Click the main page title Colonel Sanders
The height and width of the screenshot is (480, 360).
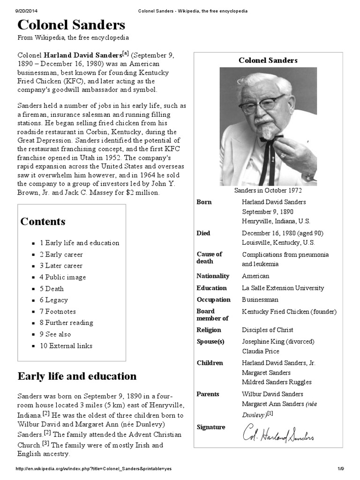[71, 25]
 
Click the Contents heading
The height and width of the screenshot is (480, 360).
[43, 222]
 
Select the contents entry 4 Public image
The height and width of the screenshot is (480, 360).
[63, 277]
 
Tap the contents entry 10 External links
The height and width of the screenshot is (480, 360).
[66, 346]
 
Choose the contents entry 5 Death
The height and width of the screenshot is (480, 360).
[52, 289]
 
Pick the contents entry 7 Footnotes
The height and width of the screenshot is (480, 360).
[58, 311]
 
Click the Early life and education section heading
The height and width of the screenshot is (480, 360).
[77, 376]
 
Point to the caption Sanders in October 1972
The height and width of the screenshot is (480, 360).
[268, 190]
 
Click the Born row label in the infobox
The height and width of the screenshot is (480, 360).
[204, 202]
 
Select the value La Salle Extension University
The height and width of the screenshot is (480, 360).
[283, 288]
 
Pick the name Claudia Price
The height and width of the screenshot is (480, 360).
[260, 351]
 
